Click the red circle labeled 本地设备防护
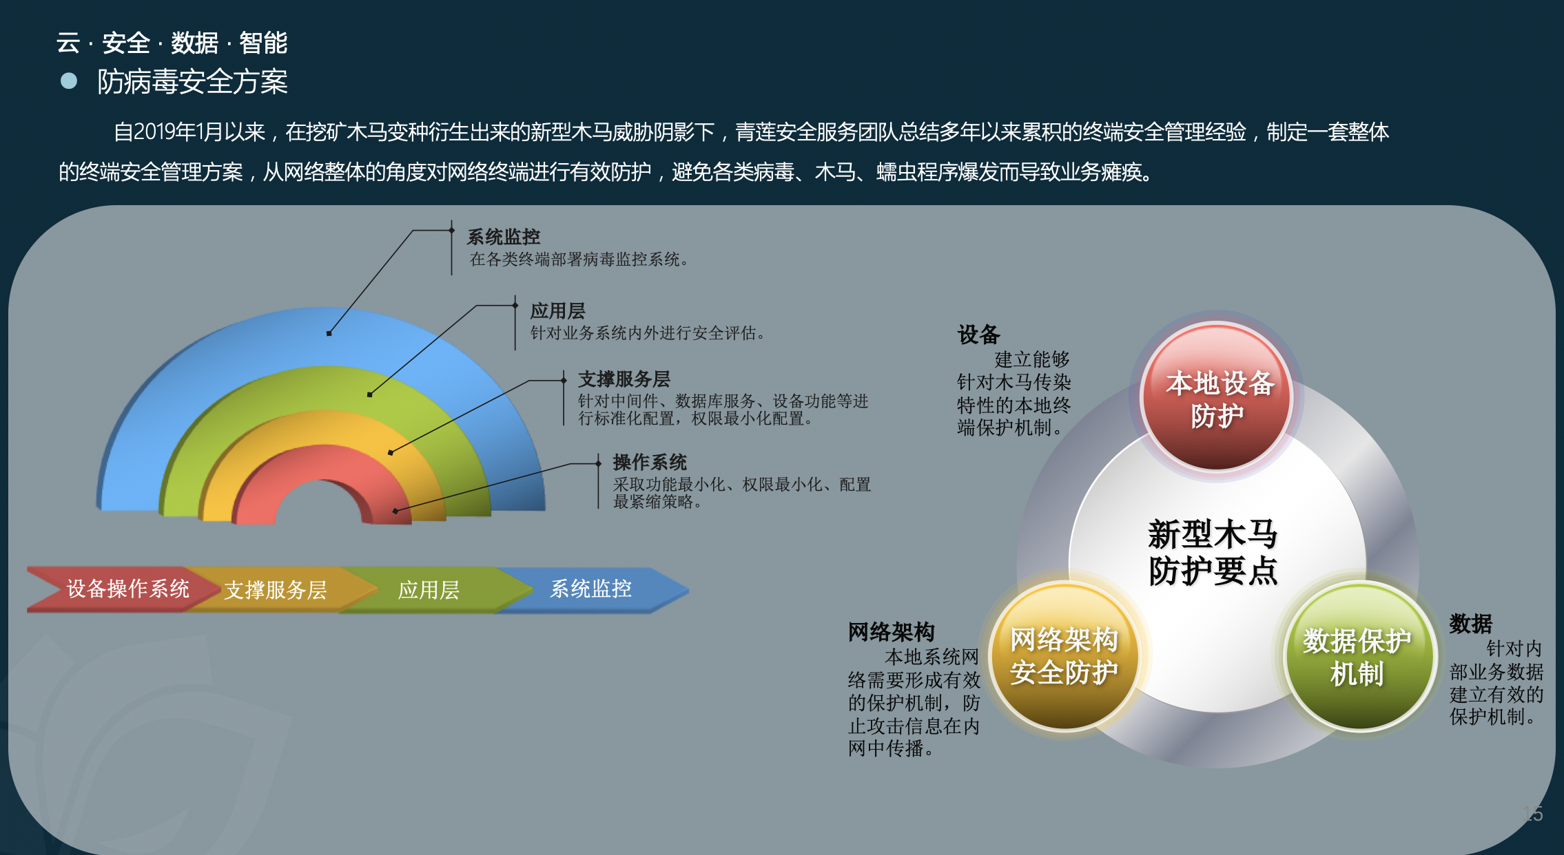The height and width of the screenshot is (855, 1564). pyautogui.click(x=1217, y=398)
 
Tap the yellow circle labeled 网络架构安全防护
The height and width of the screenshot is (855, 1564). pyautogui.click(x=1064, y=656)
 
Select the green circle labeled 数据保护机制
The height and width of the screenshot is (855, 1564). pyautogui.click(x=1359, y=656)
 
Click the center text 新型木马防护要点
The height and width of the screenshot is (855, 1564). pyautogui.click(x=1213, y=552)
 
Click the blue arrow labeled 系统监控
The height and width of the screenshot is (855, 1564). pyautogui.click(x=593, y=589)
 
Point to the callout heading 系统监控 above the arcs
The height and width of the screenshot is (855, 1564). pyautogui.click(x=504, y=237)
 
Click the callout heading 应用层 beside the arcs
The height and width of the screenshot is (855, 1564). pyautogui.click(x=558, y=310)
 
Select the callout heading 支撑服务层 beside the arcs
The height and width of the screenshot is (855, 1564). pyautogui.click(x=624, y=379)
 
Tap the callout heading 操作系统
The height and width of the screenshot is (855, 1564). pyautogui.click(x=650, y=462)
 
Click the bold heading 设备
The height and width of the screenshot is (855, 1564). pyautogui.click(x=978, y=335)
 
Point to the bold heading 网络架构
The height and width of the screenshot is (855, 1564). pyautogui.click(x=892, y=631)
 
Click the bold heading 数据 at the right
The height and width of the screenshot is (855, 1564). pyautogui.click(x=1471, y=624)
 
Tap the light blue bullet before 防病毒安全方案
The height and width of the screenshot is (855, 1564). pyautogui.click(x=69, y=81)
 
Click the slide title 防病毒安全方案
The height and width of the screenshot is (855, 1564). pyautogui.click(x=192, y=82)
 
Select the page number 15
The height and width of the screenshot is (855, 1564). pyautogui.click(x=1533, y=814)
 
